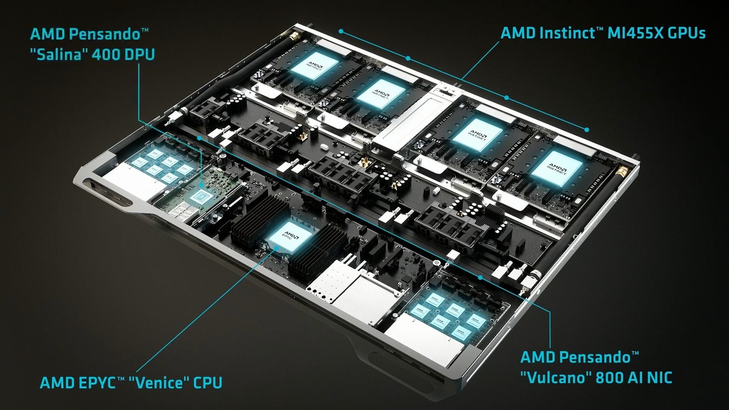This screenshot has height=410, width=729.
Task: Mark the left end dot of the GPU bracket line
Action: tap(341, 29)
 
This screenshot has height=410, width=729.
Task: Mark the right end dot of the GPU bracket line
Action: tap(587, 129)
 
